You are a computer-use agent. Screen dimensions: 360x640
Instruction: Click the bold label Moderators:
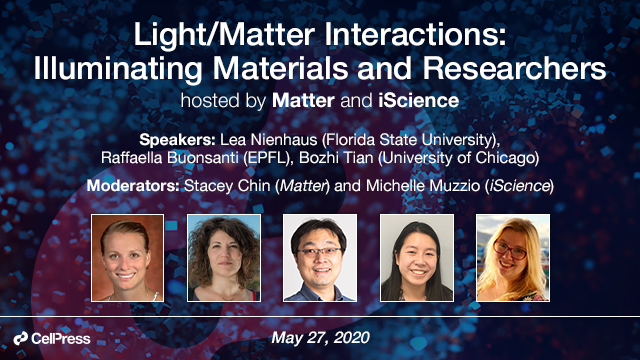click(x=147, y=186)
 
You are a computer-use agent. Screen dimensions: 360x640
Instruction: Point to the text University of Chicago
click(x=479, y=158)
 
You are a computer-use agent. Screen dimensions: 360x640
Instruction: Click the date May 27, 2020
click(x=320, y=339)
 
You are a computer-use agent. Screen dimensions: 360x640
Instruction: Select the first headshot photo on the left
click(x=127, y=259)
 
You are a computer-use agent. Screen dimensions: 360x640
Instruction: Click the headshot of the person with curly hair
click(x=223, y=259)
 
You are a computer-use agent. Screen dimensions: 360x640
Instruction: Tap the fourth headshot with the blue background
click(x=416, y=259)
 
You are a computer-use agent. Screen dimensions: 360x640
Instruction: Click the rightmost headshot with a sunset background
click(x=512, y=259)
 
